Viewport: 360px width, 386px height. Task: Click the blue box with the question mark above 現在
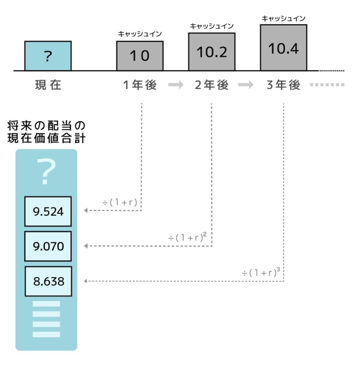tap(48, 56)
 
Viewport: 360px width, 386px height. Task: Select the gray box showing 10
tap(140, 56)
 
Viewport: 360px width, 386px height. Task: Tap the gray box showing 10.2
tap(212, 52)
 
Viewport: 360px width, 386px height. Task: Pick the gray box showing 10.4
tap(283, 47)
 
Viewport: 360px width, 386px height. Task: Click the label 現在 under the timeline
tap(48, 86)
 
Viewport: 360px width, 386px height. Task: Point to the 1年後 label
tap(140, 86)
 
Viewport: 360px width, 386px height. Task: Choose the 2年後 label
tap(212, 86)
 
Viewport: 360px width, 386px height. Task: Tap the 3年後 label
tap(283, 86)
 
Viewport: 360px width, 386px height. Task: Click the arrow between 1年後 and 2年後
tap(175, 86)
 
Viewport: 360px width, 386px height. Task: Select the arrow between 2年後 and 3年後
tap(246, 86)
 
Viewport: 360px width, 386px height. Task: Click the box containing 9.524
tap(48, 211)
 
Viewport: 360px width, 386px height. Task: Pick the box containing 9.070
tap(48, 246)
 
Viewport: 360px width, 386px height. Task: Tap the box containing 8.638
tap(48, 281)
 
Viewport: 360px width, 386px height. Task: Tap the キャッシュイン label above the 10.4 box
tap(283, 18)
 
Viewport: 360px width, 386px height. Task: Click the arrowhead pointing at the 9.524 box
tap(86, 210)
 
